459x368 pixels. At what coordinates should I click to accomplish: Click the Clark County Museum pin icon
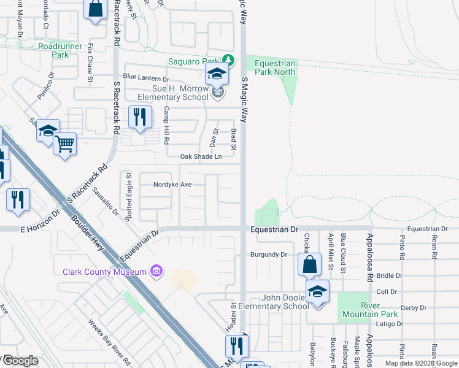click(156, 271)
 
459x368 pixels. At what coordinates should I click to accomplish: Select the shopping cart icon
click(64, 145)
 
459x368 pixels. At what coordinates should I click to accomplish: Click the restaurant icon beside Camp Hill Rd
click(140, 117)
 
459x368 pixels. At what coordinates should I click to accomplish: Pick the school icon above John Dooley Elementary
click(317, 290)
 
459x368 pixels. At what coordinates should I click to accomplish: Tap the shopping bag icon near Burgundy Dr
click(310, 264)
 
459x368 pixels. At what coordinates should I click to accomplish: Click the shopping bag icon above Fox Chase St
click(95, 10)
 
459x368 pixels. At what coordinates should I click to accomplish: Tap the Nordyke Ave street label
click(172, 184)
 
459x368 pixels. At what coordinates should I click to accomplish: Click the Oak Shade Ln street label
click(201, 157)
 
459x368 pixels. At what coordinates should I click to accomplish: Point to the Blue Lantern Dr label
click(145, 78)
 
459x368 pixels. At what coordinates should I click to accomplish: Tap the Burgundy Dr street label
click(269, 254)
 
